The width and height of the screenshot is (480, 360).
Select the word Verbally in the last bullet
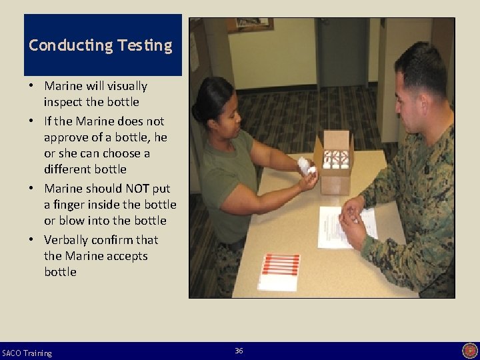[x=66, y=239]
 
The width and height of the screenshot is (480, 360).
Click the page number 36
[x=239, y=351]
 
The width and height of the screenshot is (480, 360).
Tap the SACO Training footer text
[x=27, y=353]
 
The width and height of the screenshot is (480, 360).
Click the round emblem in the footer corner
[x=470, y=351]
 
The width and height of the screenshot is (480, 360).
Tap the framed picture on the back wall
[x=250, y=25]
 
